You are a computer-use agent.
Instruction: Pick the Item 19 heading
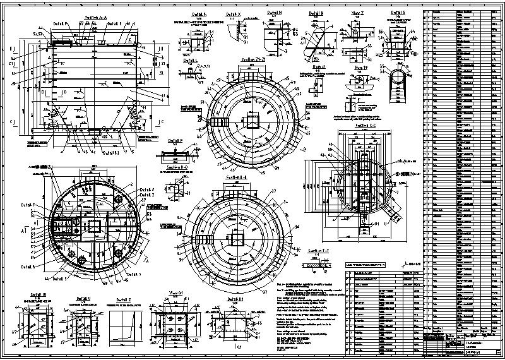tap(361, 66)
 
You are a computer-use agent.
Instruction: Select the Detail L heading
tap(191, 61)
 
